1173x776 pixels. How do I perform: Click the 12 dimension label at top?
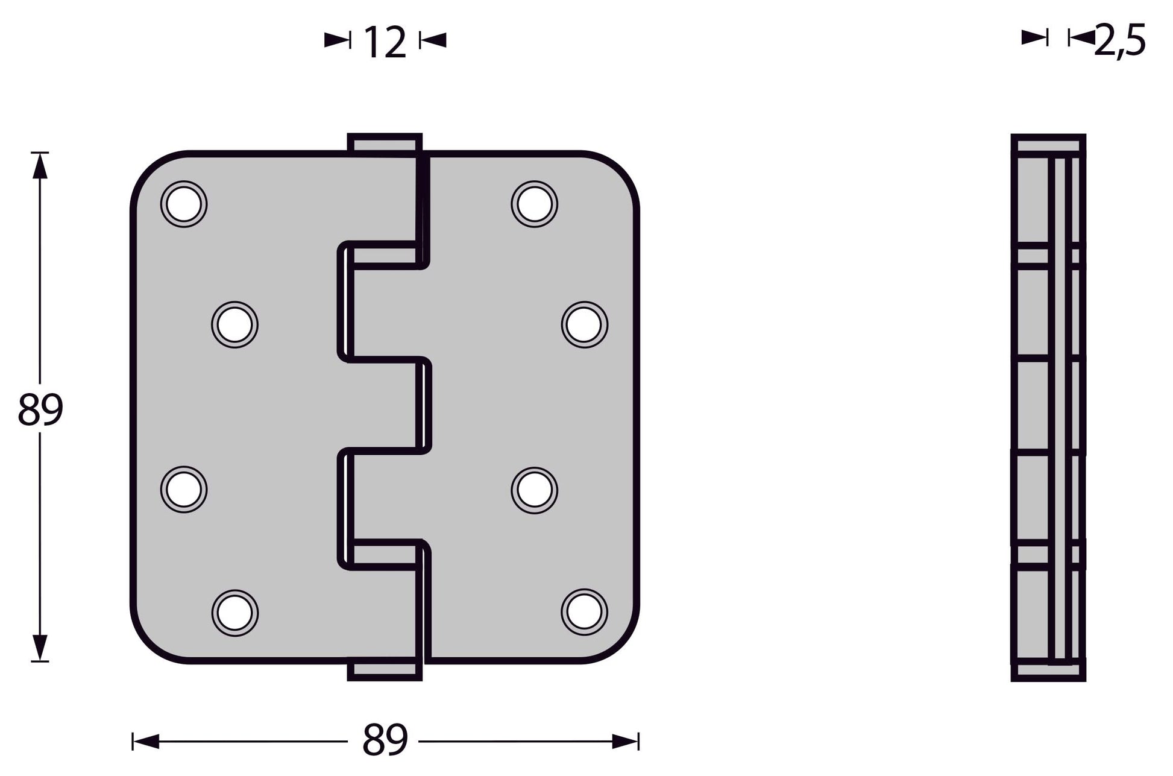385,42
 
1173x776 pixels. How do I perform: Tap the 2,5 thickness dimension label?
1120,41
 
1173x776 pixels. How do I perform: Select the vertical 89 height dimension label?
40,410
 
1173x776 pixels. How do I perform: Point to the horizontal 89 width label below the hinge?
385,740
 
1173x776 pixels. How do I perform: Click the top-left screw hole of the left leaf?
184,204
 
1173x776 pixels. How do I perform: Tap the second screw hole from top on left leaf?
234,325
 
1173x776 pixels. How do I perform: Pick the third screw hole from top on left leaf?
184,490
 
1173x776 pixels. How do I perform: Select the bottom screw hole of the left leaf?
234,613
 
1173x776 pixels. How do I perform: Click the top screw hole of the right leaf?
534,204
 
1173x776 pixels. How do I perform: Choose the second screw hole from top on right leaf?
584,325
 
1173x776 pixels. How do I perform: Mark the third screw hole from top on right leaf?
534,490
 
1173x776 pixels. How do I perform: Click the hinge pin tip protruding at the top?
384,143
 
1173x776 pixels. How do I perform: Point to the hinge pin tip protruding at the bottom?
384,672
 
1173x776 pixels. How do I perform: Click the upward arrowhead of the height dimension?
40,165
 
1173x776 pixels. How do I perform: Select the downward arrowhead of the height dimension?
40,649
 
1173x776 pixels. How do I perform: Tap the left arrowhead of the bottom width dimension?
146,741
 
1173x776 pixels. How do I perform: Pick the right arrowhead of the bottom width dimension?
625,741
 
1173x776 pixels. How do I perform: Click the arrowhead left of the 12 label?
337,40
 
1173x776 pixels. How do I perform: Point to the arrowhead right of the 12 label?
433,40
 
